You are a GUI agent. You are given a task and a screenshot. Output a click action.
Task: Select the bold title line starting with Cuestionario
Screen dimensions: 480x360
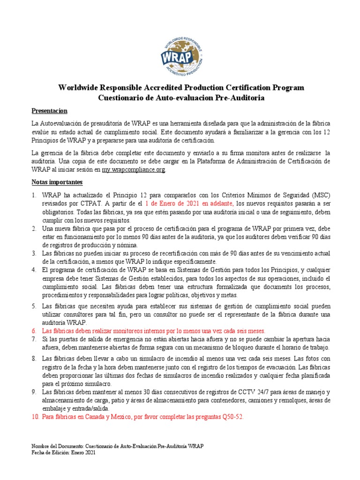pyautogui.click(x=181, y=98)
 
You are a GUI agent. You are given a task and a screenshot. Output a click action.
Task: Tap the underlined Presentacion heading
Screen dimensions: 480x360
pyautogui.click(x=49, y=111)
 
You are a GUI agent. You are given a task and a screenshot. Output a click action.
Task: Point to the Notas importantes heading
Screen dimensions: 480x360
pyautogui.click(x=57, y=181)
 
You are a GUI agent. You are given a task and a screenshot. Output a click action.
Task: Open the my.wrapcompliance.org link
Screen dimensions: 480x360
pyautogui.click(x=134, y=170)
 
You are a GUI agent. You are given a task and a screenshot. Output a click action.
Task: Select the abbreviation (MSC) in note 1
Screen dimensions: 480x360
pyautogui.click(x=319, y=195)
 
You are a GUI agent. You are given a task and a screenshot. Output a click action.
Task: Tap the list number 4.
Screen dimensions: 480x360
pyautogui.click(x=34, y=270)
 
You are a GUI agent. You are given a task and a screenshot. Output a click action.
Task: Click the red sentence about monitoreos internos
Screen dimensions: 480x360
pyautogui.click(x=153, y=330)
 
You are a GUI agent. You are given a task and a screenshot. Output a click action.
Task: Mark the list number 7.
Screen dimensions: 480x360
pyautogui.click(x=34, y=339)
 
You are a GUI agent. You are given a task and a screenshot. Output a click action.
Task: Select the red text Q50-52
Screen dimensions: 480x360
pyautogui.click(x=232, y=417)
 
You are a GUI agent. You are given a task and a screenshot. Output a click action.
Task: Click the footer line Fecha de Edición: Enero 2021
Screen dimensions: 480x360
pyautogui.click(x=63, y=453)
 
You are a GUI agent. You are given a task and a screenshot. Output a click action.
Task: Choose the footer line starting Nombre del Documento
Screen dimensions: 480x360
pyautogui.click(x=117, y=447)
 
